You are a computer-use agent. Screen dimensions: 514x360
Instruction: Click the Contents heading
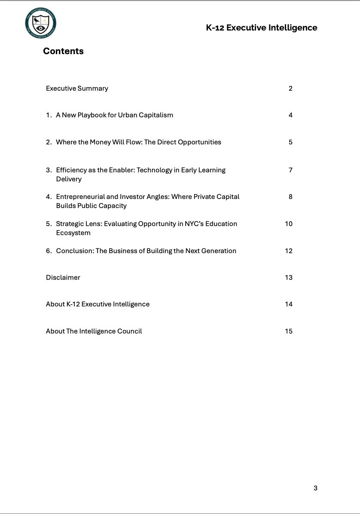[63, 51]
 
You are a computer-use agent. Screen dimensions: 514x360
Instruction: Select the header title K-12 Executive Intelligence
[261, 28]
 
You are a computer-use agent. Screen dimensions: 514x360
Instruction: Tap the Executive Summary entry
[77, 89]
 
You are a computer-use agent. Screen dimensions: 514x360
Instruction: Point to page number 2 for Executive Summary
[290, 89]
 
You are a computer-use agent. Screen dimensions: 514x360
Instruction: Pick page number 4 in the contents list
[290, 115]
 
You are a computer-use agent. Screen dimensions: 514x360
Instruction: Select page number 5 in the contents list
[290, 142]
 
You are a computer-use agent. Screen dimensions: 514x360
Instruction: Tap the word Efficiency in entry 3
[71, 170]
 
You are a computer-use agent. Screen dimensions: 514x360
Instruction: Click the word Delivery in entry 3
[69, 179]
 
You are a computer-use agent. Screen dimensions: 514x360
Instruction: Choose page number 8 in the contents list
[290, 197]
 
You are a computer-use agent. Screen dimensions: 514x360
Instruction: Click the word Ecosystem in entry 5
[73, 233]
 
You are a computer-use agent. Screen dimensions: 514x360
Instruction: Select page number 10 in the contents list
[289, 224]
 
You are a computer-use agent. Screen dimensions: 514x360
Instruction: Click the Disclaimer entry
[63, 278]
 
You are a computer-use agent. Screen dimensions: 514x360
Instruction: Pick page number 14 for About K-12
[289, 304]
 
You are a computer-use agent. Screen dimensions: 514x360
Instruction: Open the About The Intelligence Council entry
[94, 331]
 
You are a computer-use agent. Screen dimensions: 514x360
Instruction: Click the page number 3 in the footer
[315, 488]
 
